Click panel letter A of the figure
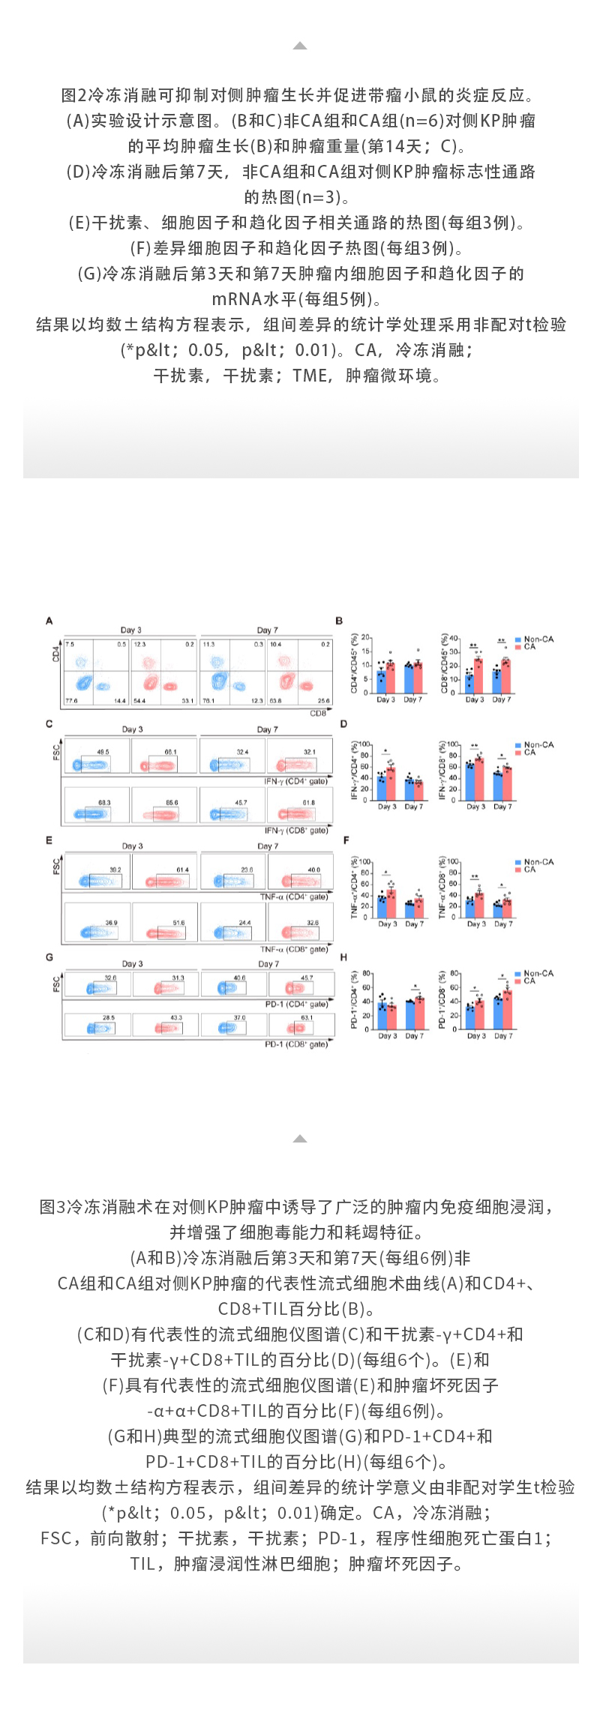49,621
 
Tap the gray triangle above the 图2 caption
300,46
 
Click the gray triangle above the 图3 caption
300,1138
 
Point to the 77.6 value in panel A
71,701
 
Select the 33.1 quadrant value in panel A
187,701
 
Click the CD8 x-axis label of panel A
318,713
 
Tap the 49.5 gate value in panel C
103,752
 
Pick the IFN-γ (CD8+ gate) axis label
296,831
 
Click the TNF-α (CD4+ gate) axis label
294,897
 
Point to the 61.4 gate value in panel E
183,870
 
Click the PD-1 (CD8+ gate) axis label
296,1044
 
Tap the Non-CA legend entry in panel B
538,639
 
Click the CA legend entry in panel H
529,981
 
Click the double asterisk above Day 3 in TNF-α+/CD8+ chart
474,876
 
